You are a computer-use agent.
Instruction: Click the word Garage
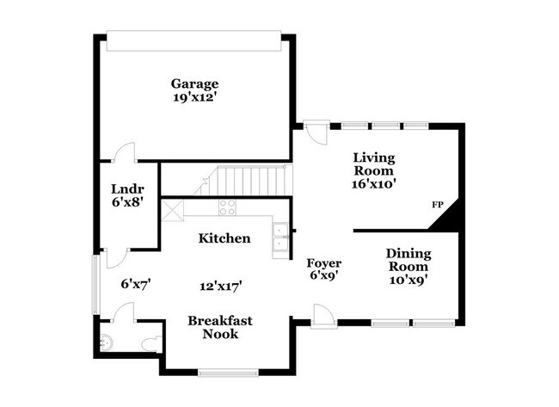(x=194, y=83)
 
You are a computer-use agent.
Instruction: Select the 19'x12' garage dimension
(x=194, y=97)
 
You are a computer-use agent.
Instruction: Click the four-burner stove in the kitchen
(x=227, y=207)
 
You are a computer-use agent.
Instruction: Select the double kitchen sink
(x=281, y=237)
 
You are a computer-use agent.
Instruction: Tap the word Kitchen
(x=224, y=238)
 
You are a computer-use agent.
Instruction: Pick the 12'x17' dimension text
(x=220, y=285)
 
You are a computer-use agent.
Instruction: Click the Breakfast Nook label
(x=220, y=327)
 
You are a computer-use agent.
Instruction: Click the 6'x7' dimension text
(x=136, y=282)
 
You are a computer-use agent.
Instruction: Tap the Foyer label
(x=324, y=262)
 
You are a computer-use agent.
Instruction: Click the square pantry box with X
(x=172, y=209)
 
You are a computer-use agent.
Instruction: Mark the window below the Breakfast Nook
(x=227, y=372)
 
